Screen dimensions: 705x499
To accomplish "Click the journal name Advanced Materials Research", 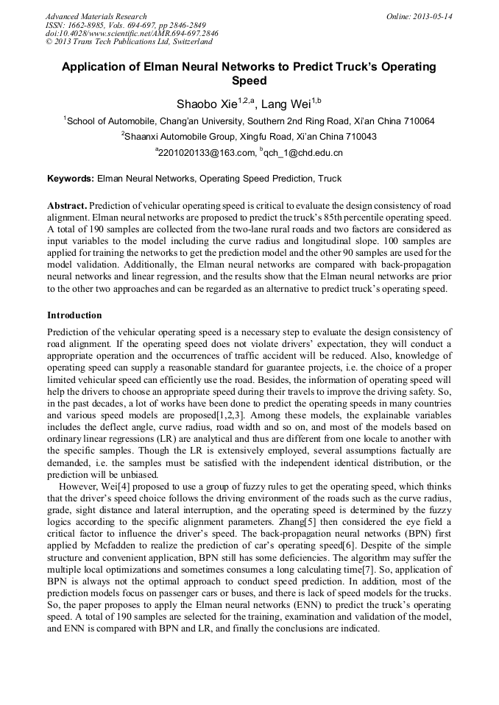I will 96,16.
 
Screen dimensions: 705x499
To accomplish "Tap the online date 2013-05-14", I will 431,16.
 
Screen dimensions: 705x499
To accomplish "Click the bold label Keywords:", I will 71,179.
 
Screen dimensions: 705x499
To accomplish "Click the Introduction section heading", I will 74,315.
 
